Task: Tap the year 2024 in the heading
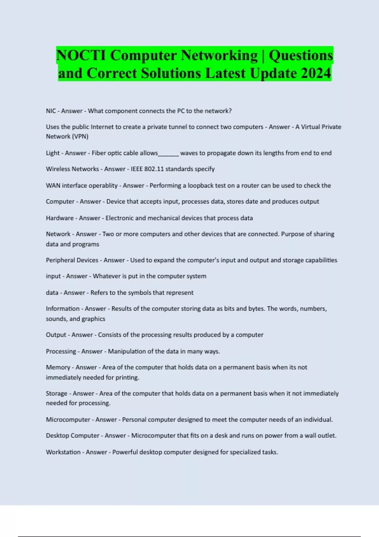[x=316, y=73]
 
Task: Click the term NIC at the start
[x=51, y=111]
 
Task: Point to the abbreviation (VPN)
[x=80, y=136]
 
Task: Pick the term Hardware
[x=60, y=218]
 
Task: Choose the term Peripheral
[x=60, y=260]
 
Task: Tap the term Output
[x=56, y=335]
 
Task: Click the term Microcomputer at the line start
[x=68, y=419]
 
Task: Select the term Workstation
[x=63, y=452]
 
